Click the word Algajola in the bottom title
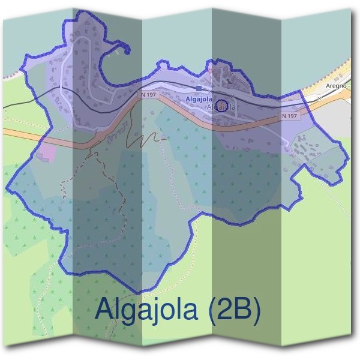coord(146,310)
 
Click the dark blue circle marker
coord(221,106)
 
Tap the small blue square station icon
coord(199,88)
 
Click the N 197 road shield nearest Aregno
coord(289,116)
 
